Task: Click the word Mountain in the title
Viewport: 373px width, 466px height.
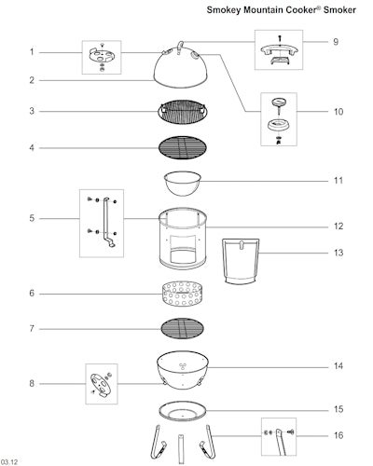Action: click(x=264, y=10)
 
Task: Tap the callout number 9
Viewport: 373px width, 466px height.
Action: click(x=336, y=42)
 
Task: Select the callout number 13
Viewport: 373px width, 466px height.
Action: click(x=338, y=253)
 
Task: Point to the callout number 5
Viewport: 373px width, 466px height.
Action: click(x=32, y=218)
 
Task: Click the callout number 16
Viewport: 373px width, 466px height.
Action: click(x=338, y=435)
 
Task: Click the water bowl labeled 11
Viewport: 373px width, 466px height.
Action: click(x=183, y=184)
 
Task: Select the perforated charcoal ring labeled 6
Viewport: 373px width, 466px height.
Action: click(x=182, y=294)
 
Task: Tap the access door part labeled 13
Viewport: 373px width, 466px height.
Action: click(x=241, y=261)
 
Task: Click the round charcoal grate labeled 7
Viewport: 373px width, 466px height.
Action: click(x=183, y=328)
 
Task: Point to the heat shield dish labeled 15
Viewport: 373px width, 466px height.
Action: click(x=183, y=411)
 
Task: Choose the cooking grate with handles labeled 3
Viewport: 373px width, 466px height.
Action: click(x=183, y=112)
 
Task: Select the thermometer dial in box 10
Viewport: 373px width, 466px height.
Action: click(x=279, y=102)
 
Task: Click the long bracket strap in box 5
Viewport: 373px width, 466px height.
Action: click(x=106, y=221)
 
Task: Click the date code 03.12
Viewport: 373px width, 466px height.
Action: click(x=9, y=462)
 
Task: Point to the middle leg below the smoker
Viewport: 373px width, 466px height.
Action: click(x=181, y=449)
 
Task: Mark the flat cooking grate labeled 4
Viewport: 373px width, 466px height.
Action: click(x=183, y=147)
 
